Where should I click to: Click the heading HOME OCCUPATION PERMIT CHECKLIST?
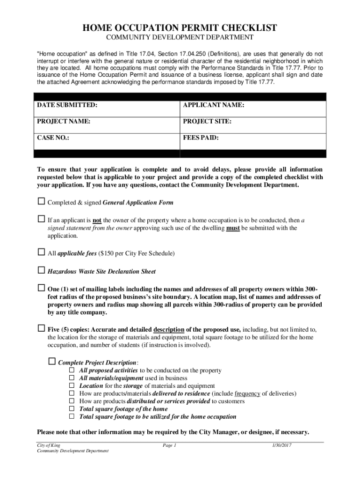(x=180, y=28)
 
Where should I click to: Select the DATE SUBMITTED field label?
(x=67, y=106)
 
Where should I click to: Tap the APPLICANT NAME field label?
(x=213, y=106)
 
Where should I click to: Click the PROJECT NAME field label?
(x=64, y=122)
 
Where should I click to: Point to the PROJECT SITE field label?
(x=207, y=122)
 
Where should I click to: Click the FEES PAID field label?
(x=201, y=138)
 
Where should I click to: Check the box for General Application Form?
(x=41, y=202)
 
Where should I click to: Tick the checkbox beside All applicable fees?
(x=41, y=253)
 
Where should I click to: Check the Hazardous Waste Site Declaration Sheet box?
(x=41, y=270)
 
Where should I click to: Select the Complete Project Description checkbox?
(x=52, y=362)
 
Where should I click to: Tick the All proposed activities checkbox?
(x=72, y=370)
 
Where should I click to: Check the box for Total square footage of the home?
(x=72, y=408)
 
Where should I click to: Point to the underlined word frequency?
(x=247, y=393)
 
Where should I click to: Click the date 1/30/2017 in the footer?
(x=282, y=445)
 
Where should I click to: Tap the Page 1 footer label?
(x=169, y=445)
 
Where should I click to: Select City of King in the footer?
(x=49, y=445)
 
